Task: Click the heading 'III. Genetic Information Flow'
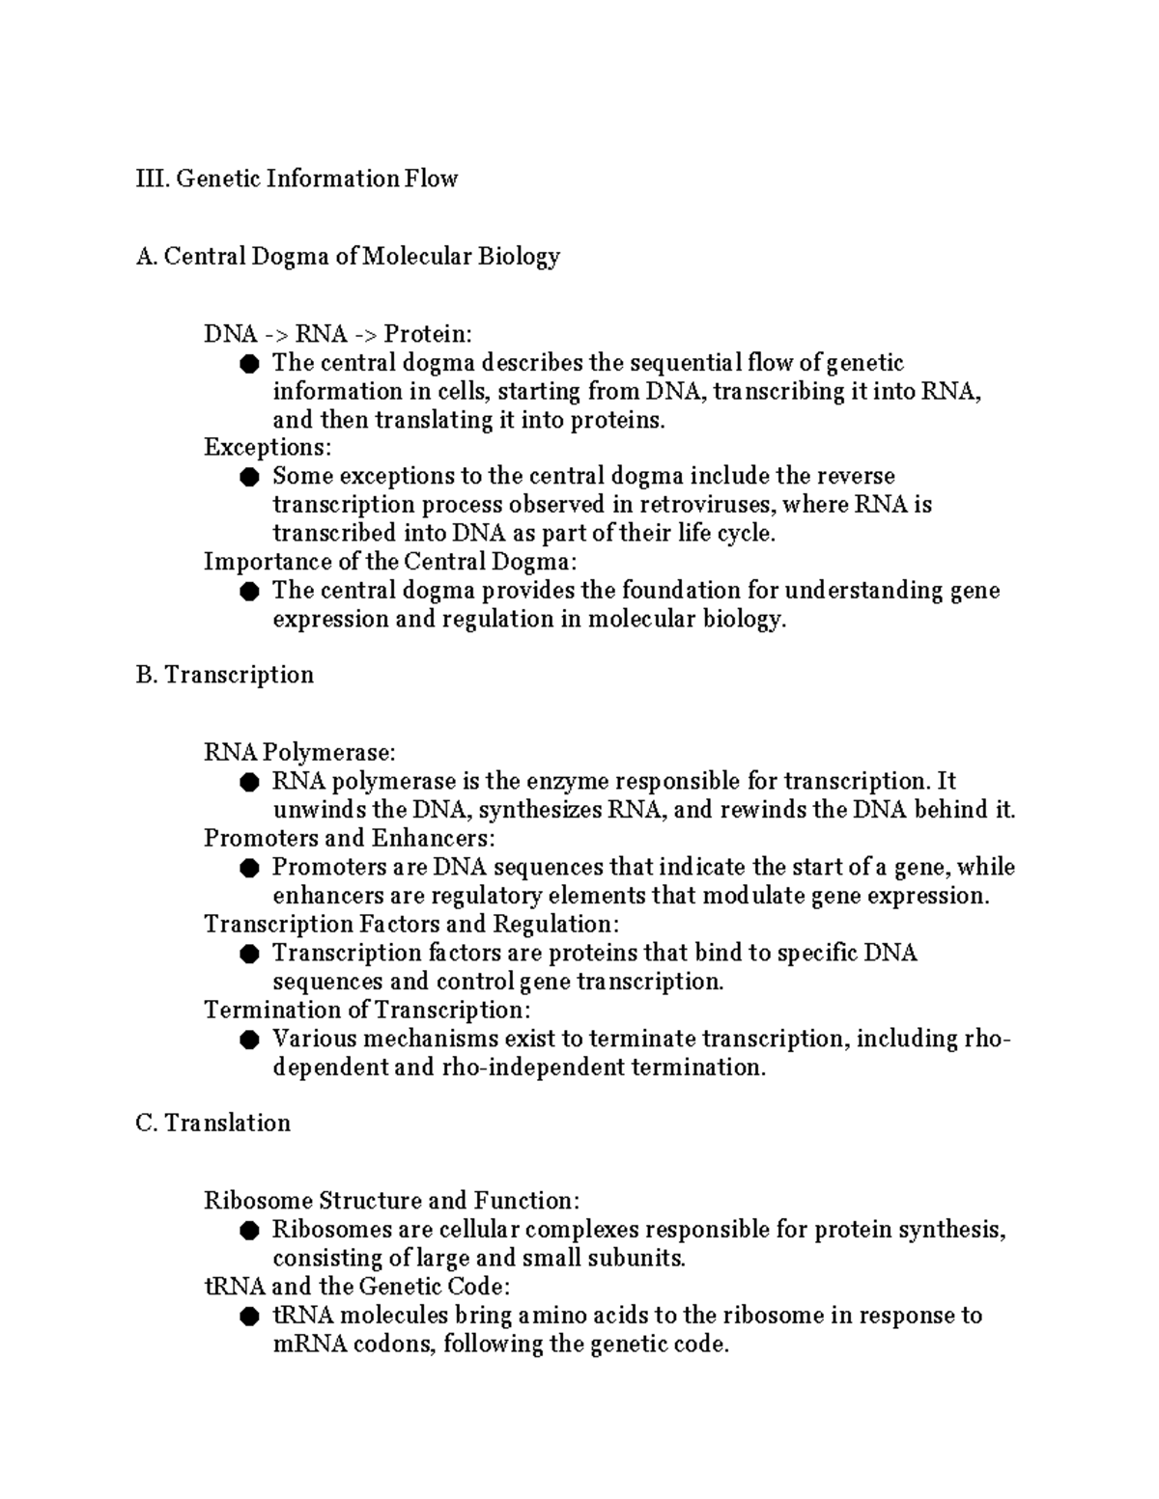pyautogui.click(x=297, y=179)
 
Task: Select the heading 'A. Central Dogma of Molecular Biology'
pyautogui.click(x=348, y=257)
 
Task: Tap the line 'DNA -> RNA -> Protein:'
pyautogui.click(x=338, y=334)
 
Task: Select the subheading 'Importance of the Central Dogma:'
pyautogui.click(x=390, y=562)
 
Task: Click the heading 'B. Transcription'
pyautogui.click(x=225, y=675)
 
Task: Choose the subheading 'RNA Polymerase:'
pyautogui.click(x=299, y=752)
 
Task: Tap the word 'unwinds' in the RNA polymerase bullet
pyautogui.click(x=320, y=810)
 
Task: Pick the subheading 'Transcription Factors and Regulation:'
pyautogui.click(x=411, y=925)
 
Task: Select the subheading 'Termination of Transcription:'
pyautogui.click(x=367, y=1011)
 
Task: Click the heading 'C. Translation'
pyautogui.click(x=213, y=1124)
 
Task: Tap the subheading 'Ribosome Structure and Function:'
pyautogui.click(x=392, y=1201)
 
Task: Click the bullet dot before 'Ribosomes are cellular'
pyautogui.click(x=250, y=1231)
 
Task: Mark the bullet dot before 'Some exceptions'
pyautogui.click(x=250, y=477)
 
